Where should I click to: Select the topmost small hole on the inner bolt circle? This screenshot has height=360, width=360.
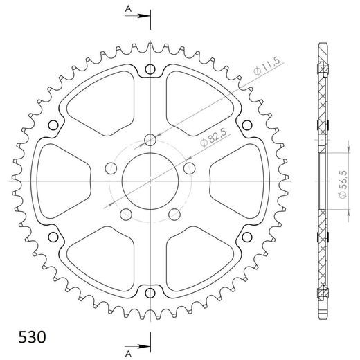click(150, 141)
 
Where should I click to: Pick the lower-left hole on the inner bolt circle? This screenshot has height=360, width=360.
click(125, 213)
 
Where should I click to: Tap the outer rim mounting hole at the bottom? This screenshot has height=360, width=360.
click(150, 292)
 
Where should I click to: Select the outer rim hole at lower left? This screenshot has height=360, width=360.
click(53, 236)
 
